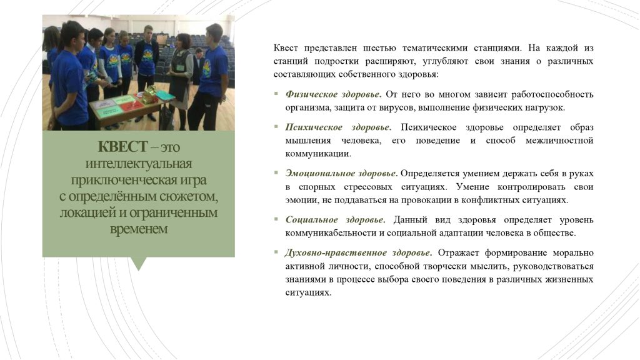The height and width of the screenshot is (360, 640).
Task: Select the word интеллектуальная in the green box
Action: click(x=138, y=163)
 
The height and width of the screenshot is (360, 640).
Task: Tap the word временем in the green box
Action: click(x=139, y=229)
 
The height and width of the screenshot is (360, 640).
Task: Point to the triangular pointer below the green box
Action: click(x=139, y=264)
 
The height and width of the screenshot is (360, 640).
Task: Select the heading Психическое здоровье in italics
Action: click(x=338, y=127)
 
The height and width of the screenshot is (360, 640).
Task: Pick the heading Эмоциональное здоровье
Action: click(x=341, y=174)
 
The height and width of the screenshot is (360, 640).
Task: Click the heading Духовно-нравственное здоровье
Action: click(x=359, y=252)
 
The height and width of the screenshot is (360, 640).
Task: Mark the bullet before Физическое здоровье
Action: click(x=276, y=94)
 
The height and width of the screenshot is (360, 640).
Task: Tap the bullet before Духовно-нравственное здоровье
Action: click(x=276, y=252)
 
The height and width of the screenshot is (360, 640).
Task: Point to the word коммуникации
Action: click(x=318, y=154)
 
